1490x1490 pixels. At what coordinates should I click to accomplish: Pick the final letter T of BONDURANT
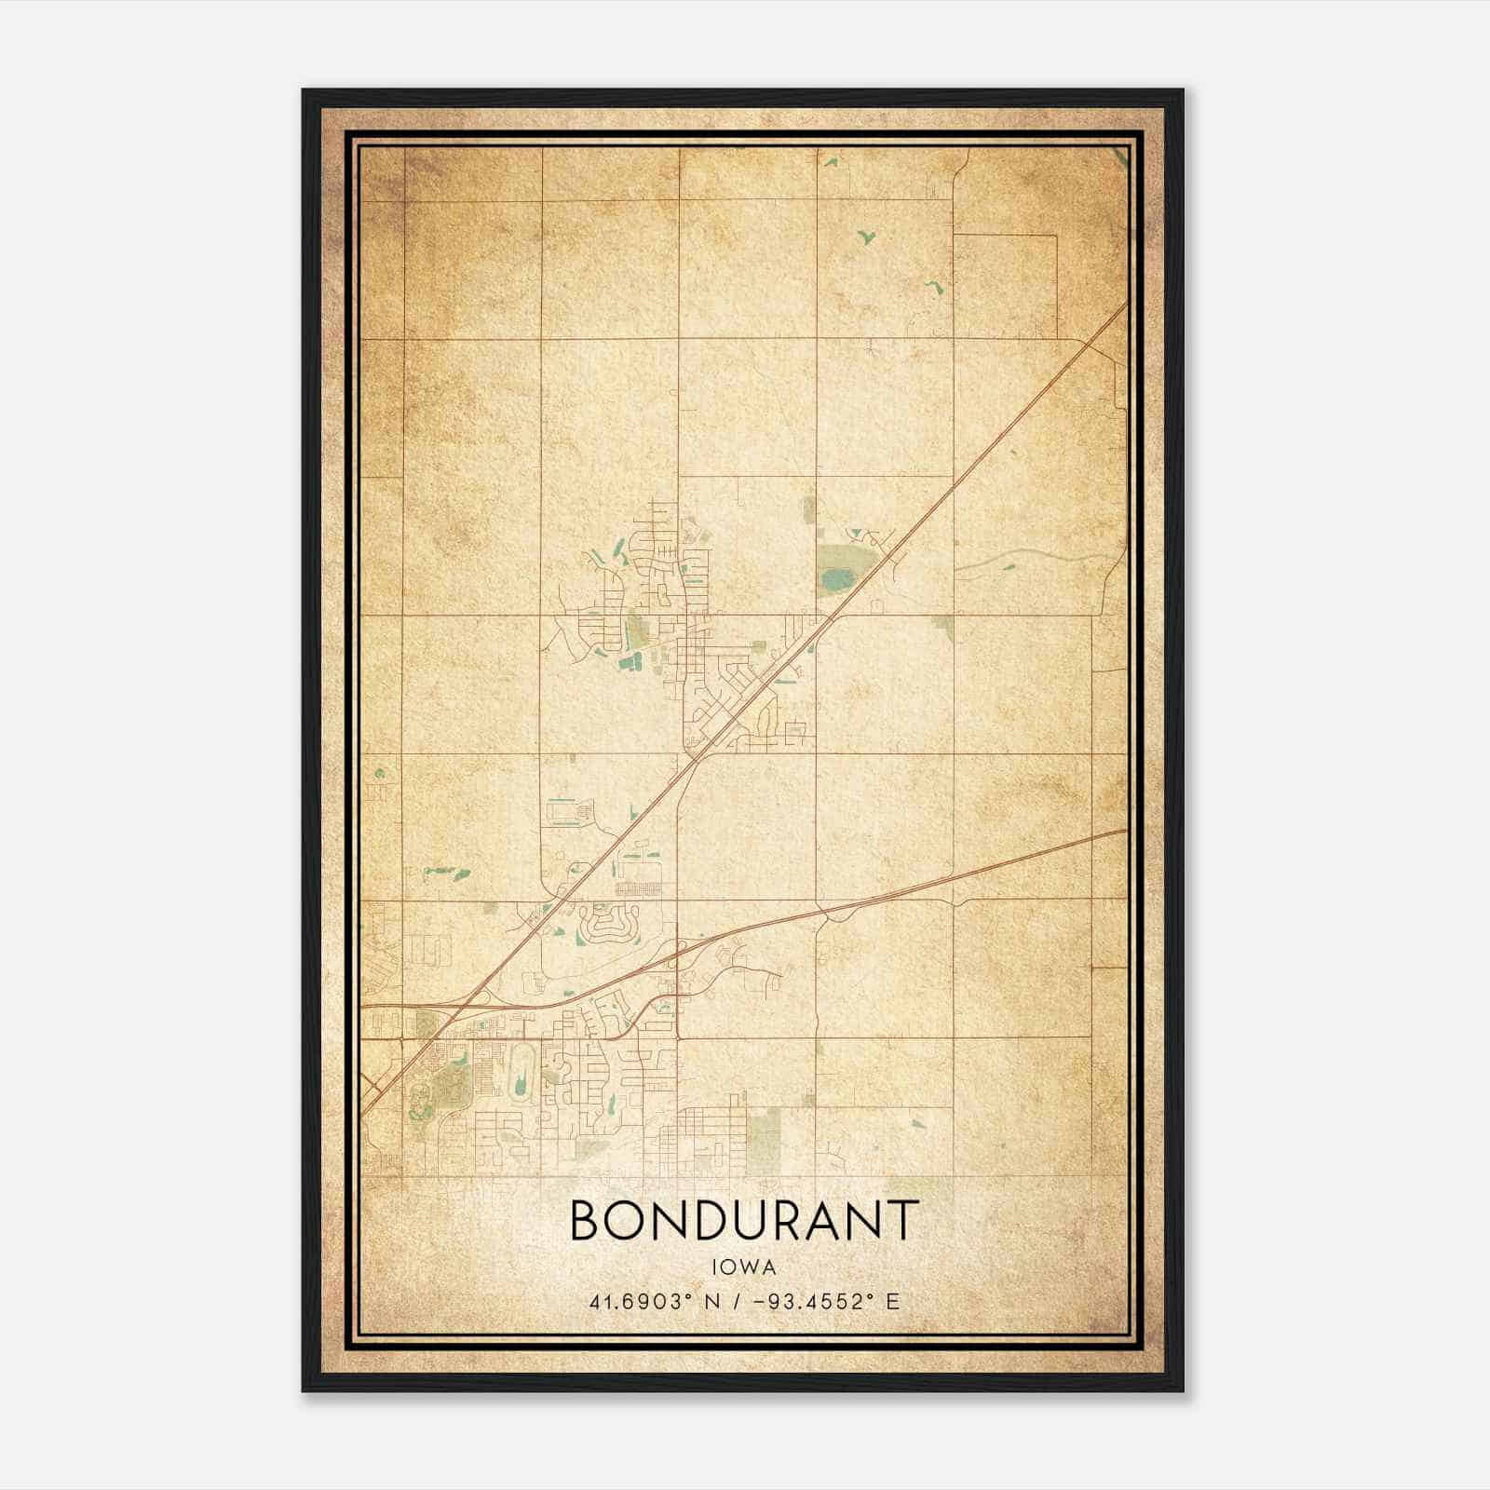[901, 1221]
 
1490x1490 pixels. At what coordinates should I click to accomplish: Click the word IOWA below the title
[744, 1266]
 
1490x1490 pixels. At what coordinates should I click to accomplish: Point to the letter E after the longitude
[892, 1302]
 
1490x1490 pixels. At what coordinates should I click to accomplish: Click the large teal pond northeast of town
[835, 580]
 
